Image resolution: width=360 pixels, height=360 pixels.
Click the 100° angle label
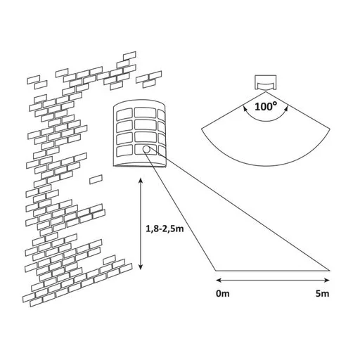click(266, 107)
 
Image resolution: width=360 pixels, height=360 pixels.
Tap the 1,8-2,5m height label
click(165, 229)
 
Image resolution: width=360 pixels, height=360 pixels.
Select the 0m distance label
click(223, 293)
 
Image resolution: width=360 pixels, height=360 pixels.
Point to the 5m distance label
click(323, 293)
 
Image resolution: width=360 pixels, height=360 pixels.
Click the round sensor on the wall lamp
click(146, 149)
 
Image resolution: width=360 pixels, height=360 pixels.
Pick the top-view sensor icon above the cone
click(266, 82)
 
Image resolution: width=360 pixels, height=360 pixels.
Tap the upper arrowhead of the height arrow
click(141, 180)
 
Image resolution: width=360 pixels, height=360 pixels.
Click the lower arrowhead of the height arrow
click(141, 267)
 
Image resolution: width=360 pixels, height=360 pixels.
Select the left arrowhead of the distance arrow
click(219, 280)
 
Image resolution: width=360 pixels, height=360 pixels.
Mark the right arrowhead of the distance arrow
click(327, 280)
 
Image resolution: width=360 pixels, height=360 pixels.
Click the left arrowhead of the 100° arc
click(245, 108)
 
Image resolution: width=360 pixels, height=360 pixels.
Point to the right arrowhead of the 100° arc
click(286, 108)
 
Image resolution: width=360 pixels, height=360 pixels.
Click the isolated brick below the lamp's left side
click(96, 179)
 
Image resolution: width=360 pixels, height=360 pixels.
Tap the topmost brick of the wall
click(129, 56)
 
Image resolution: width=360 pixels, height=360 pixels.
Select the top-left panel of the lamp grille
click(124, 114)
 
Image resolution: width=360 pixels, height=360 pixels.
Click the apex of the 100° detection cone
click(266, 91)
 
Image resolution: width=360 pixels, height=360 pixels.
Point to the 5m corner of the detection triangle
click(330, 271)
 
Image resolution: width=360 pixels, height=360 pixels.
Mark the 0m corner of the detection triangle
click(216, 271)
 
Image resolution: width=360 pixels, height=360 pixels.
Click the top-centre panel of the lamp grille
click(146, 112)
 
